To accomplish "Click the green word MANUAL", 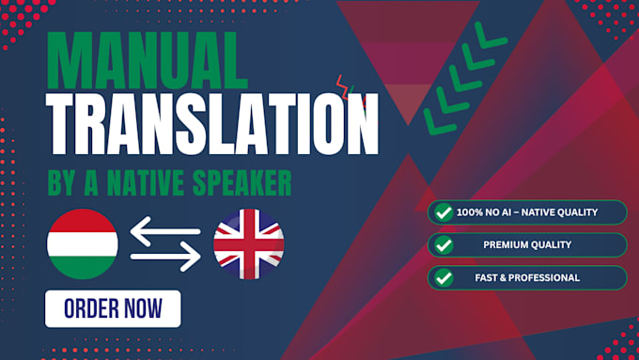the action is pos(148,61).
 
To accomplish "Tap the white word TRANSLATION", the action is pos(212,124).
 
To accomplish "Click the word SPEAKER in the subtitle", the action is pos(242,183).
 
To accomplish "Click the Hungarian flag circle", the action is pos(83,244).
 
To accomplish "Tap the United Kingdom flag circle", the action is pos(249,244).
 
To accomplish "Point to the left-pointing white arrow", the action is pos(165,231).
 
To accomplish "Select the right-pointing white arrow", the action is pos(165,257).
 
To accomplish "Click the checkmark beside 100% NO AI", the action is pos(444,212).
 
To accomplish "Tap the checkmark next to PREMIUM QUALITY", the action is pos(444,245).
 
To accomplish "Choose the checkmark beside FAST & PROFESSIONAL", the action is pos(444,278).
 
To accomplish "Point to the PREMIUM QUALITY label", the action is pos(527,244).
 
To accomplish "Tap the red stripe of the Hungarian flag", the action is pos(83,220).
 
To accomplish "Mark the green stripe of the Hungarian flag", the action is pos(83,268).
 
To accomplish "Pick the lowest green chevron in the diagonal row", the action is pos(440,121).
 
